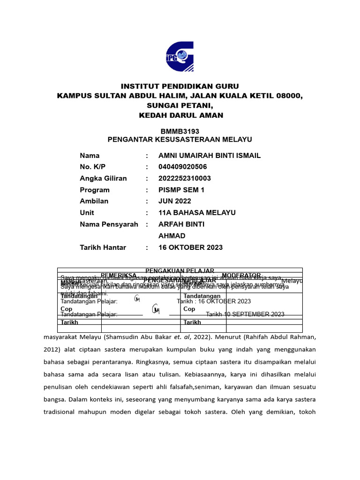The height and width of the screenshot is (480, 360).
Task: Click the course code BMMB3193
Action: coord(180,131)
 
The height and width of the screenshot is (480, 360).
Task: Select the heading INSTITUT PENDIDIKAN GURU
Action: coord(180,86)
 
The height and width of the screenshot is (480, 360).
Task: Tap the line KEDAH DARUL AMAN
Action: coord(180,115)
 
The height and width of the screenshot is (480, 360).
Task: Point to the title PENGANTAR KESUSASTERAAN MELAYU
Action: coord(180,140)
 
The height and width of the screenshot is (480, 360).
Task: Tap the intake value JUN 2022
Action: coord(175,201)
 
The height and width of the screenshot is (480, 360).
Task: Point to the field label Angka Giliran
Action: coord(103,178)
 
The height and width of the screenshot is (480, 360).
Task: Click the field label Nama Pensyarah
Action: coord(109,224)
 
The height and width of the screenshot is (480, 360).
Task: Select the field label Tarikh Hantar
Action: coord(103,247)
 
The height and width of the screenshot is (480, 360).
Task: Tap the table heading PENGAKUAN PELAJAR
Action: coord(180,271)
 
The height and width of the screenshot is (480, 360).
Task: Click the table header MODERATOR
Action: coord(241,276)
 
